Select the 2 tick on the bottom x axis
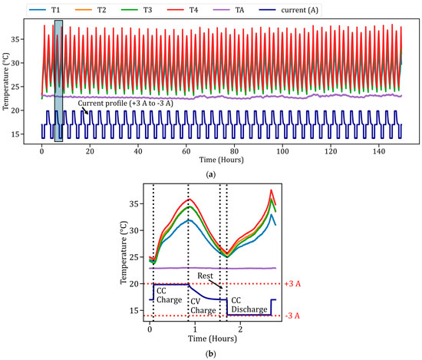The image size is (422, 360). point(240,329)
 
